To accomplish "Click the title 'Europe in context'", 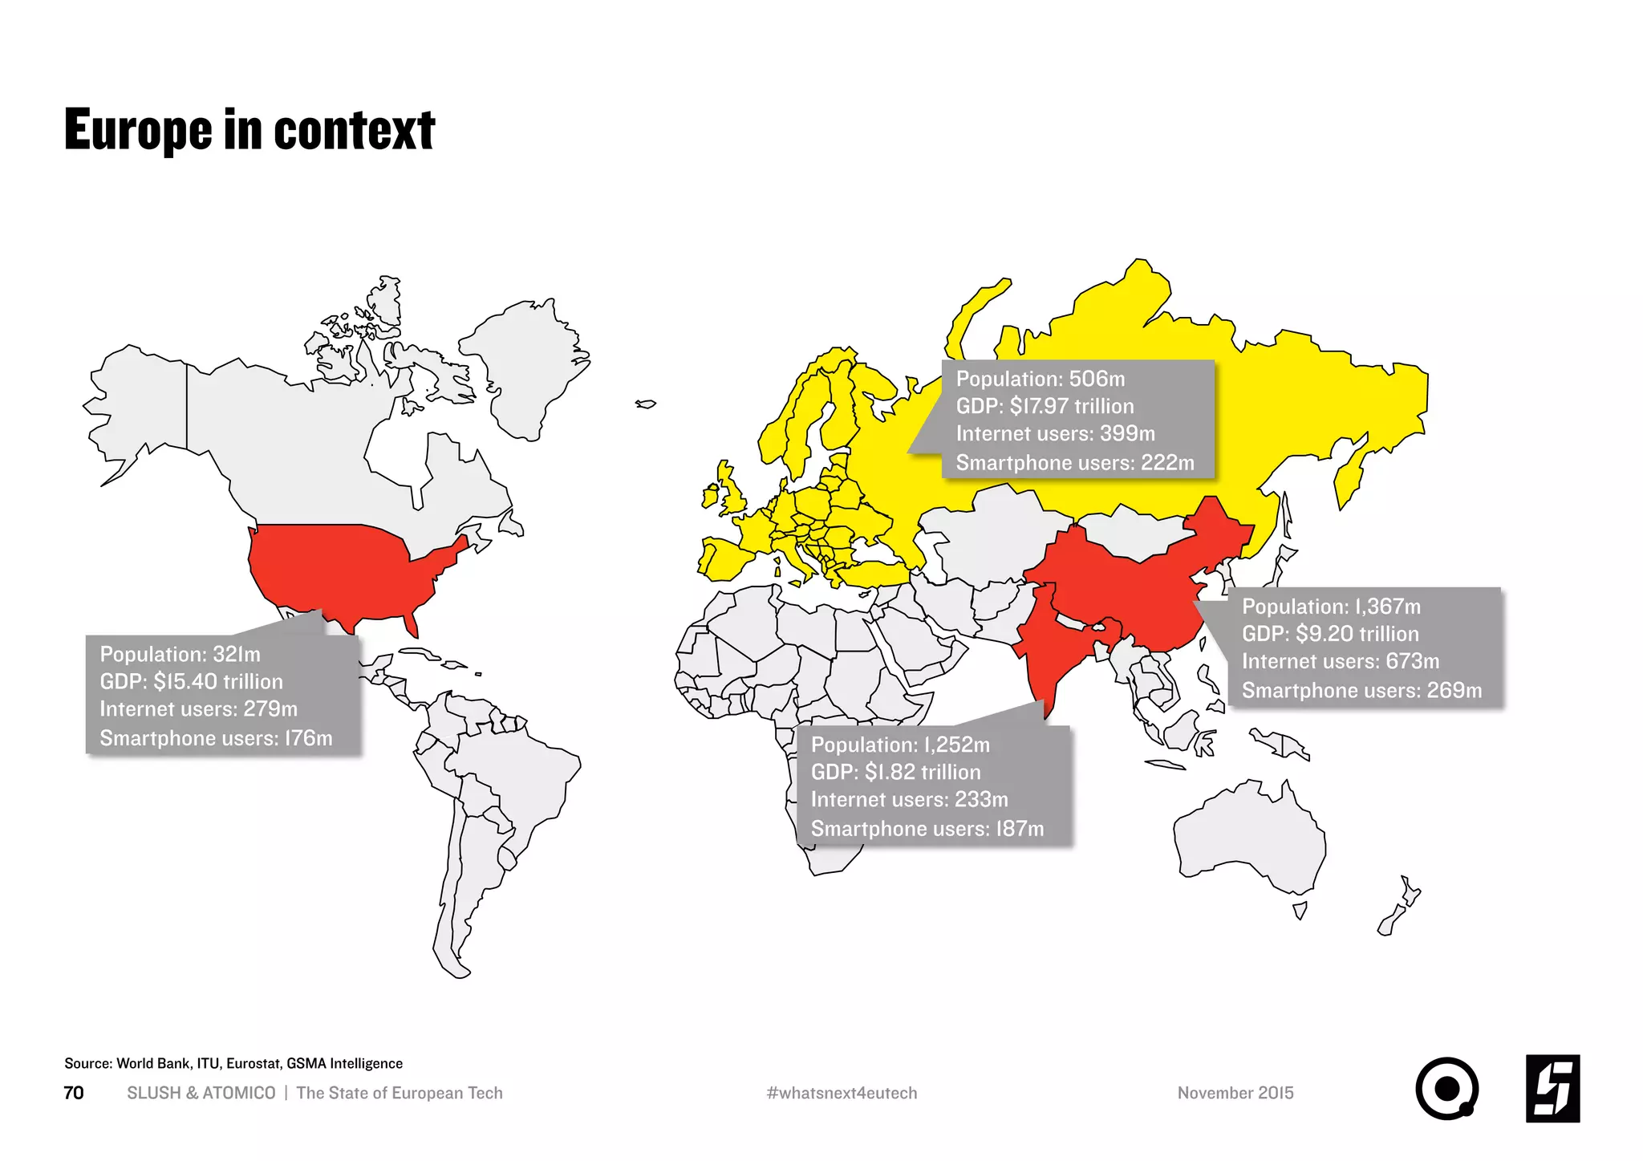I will [x=249, y=131].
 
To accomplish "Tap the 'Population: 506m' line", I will [x=1040, y=379].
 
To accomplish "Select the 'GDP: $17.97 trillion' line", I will [x=1045, y=406].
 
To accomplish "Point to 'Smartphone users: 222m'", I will [x=1074, y=463].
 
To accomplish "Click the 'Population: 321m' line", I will [x=180, y=654].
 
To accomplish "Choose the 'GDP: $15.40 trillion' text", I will [x=191, y=681].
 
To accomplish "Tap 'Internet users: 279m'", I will [x=198, y=709].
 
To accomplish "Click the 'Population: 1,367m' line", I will [x=1331, y=607].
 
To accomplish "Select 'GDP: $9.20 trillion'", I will [x=1330, y=634].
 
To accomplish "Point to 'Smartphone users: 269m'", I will [x=1361, y=691].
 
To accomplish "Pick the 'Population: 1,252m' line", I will [x=900, y=745].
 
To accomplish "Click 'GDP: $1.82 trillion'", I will [x=895, y=772].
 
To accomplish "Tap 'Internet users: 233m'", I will [x=909, y=800].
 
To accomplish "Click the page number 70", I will [x=73, y=1093].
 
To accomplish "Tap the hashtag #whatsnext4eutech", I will [x=842, y=1093].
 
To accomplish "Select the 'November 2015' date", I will [x=1235, y=1093].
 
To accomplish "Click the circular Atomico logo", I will [x=1446, y=1089].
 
